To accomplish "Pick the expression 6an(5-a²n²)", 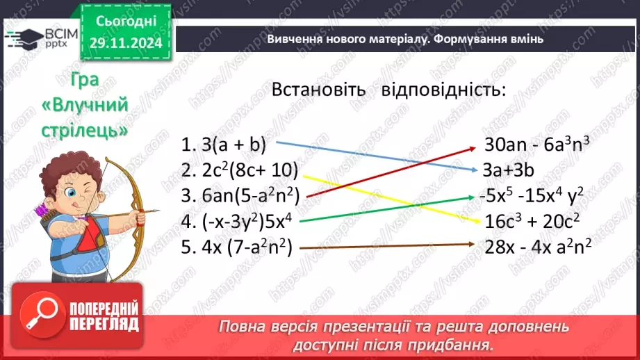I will (x=243, y=195).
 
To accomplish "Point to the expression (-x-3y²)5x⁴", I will (x=236, y=221).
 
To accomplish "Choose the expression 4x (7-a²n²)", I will (x=238, y=246).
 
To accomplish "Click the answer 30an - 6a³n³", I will (x=537, y=146).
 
